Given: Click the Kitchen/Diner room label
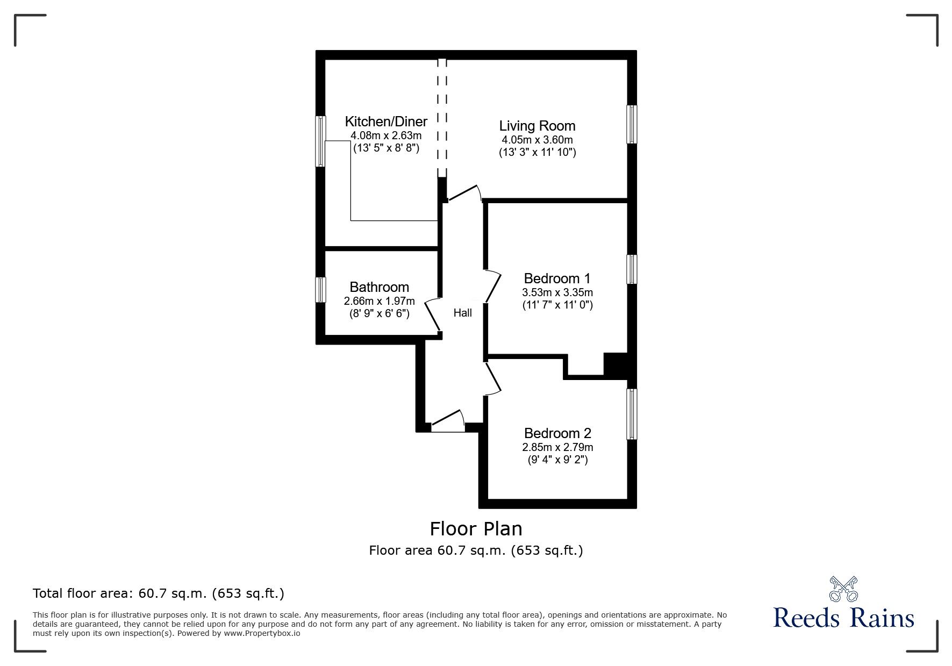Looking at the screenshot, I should [x=386, y=121].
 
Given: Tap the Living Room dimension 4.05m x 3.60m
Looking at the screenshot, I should [x=537, y=140].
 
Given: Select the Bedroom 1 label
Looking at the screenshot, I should [x=557, y=278].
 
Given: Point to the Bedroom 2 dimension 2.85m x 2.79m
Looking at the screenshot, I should [x=557, y=447].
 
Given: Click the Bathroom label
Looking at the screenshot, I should [x=379, y=287].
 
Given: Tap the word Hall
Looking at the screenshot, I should [x=462, y=313].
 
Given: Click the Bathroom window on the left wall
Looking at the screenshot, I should [x=320, y=289].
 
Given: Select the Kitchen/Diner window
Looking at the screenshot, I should [x=320, y=141].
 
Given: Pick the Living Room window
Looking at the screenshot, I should [x=632, y=124].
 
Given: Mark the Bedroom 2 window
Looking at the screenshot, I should [x=632, y=414].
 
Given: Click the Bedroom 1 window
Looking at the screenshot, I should [x=632, y=269].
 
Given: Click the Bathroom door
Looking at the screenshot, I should [x=433, y=316].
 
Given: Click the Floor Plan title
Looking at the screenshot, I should [x=476, y=529].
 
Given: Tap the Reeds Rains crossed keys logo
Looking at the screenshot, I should [x=843, y=589].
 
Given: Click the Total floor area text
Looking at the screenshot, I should [x=159, y=593].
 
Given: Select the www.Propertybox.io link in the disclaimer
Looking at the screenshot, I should [x=262, y=633].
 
